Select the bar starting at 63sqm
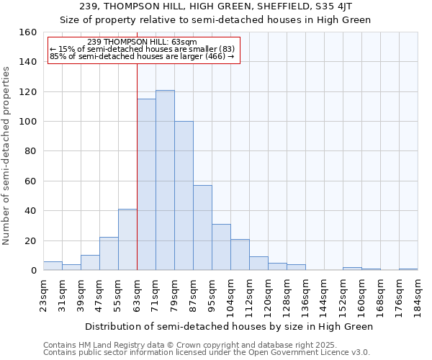pyautogui.click(x=146, y=184)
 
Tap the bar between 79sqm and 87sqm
pyautogui.click(x=184, y=196)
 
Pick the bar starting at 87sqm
pyautogui.click(x=202, y=228)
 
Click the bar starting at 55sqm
pyautogui.click(x=127, y=240)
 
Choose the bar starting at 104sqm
pyautogui.click(x=240, y=255)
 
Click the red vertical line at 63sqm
pyautogui.click(x=137, y=166)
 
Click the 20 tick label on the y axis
pyautogui.click(x=30, y=240)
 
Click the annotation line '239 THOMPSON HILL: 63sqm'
pyautogui.click(x=142, y=42)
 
